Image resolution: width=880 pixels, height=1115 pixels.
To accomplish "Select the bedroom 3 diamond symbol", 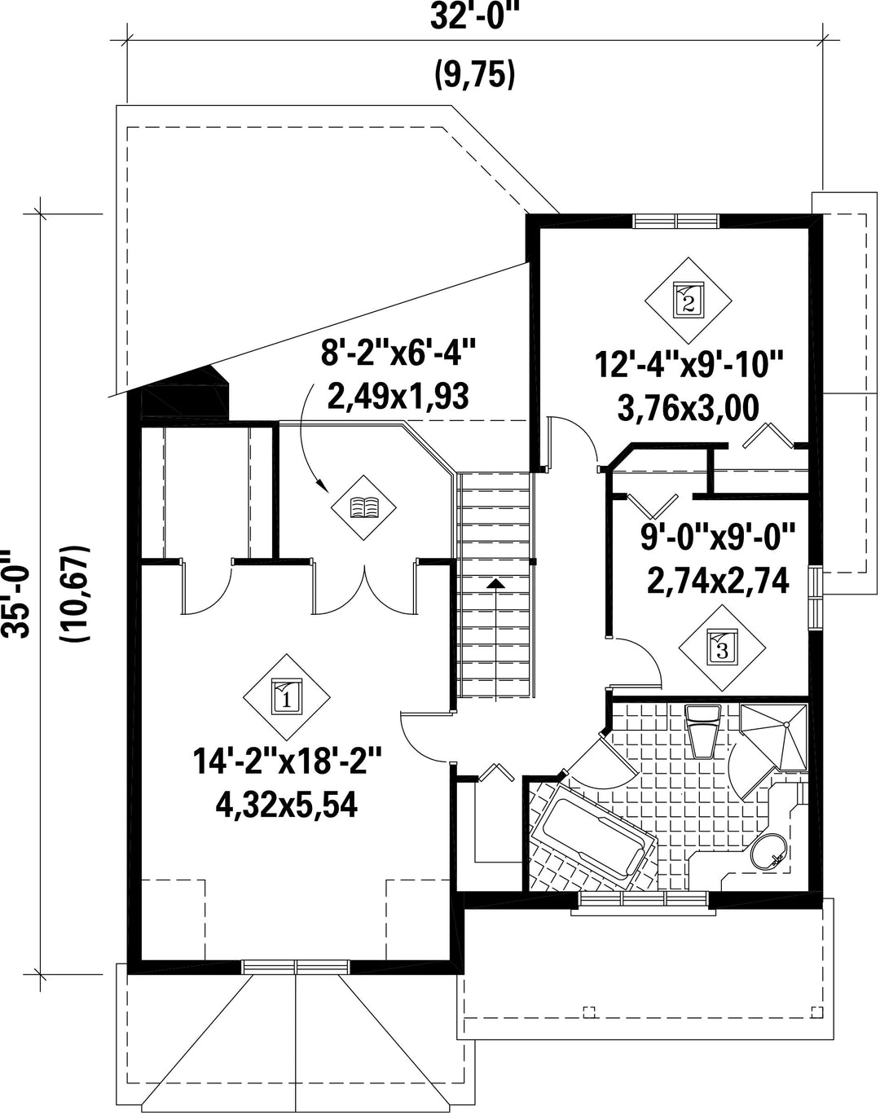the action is pyautogui.click(x=723, y=647).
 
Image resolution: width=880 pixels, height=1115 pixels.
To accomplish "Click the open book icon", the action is pyautogui.click(x=364, y=507).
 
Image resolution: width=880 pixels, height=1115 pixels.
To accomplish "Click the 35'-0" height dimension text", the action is pyautogui.click(x=15, y=594).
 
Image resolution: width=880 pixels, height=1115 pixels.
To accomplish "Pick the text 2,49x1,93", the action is pyautogui.click(x=398, y=397).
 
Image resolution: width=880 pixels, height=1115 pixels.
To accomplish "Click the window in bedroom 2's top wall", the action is pyautogui.click(x=676, y=221).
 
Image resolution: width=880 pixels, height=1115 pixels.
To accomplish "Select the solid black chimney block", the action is pyautogui.click(x=184, y=393).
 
